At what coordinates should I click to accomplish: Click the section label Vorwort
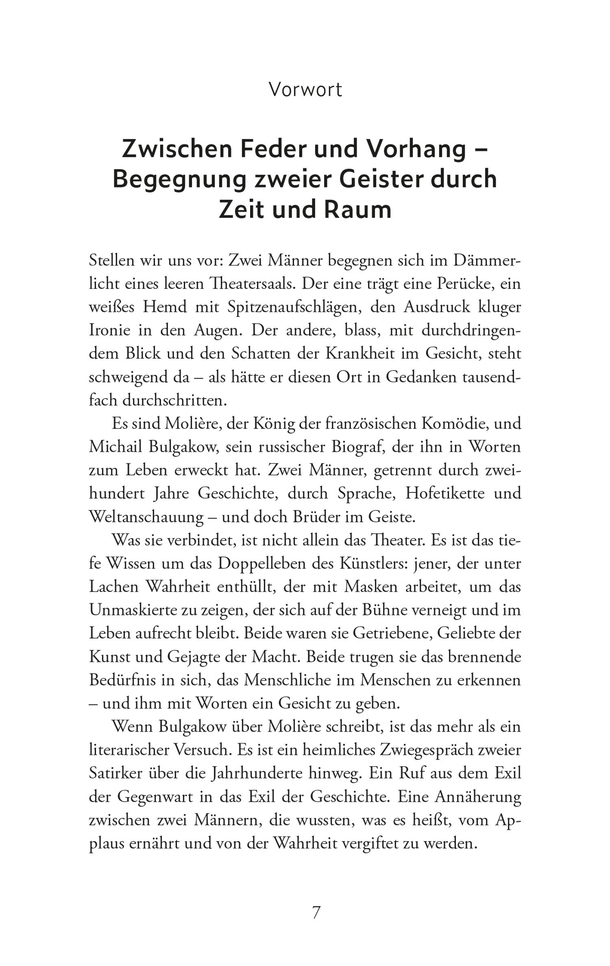305,90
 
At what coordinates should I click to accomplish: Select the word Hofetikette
445,494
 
